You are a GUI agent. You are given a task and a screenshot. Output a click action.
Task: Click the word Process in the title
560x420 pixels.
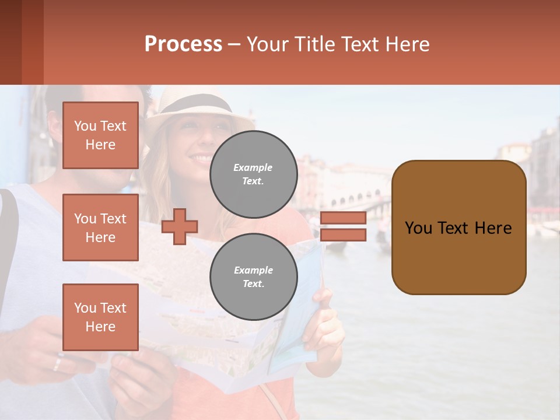(183, 44)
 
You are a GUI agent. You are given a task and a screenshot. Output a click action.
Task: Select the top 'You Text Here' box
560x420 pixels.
(100, 135)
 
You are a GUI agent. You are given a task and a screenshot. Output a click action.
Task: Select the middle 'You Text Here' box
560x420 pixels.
(100, 228)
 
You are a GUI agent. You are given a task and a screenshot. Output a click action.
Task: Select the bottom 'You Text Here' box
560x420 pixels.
(100, 317)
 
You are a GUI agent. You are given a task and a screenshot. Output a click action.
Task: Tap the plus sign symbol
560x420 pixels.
(180, 227)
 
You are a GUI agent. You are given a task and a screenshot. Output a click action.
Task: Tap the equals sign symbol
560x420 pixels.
(343, 226)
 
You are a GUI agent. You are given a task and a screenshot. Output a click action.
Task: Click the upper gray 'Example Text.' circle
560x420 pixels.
(253, 174)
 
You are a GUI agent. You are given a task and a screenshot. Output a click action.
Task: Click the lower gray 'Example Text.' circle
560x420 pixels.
(253, 276)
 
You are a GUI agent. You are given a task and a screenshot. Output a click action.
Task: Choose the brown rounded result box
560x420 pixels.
(459, 228)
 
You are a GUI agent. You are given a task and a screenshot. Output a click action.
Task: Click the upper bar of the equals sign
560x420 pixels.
(343, 218)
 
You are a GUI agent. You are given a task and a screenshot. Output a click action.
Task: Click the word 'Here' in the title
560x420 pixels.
(408, 44)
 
